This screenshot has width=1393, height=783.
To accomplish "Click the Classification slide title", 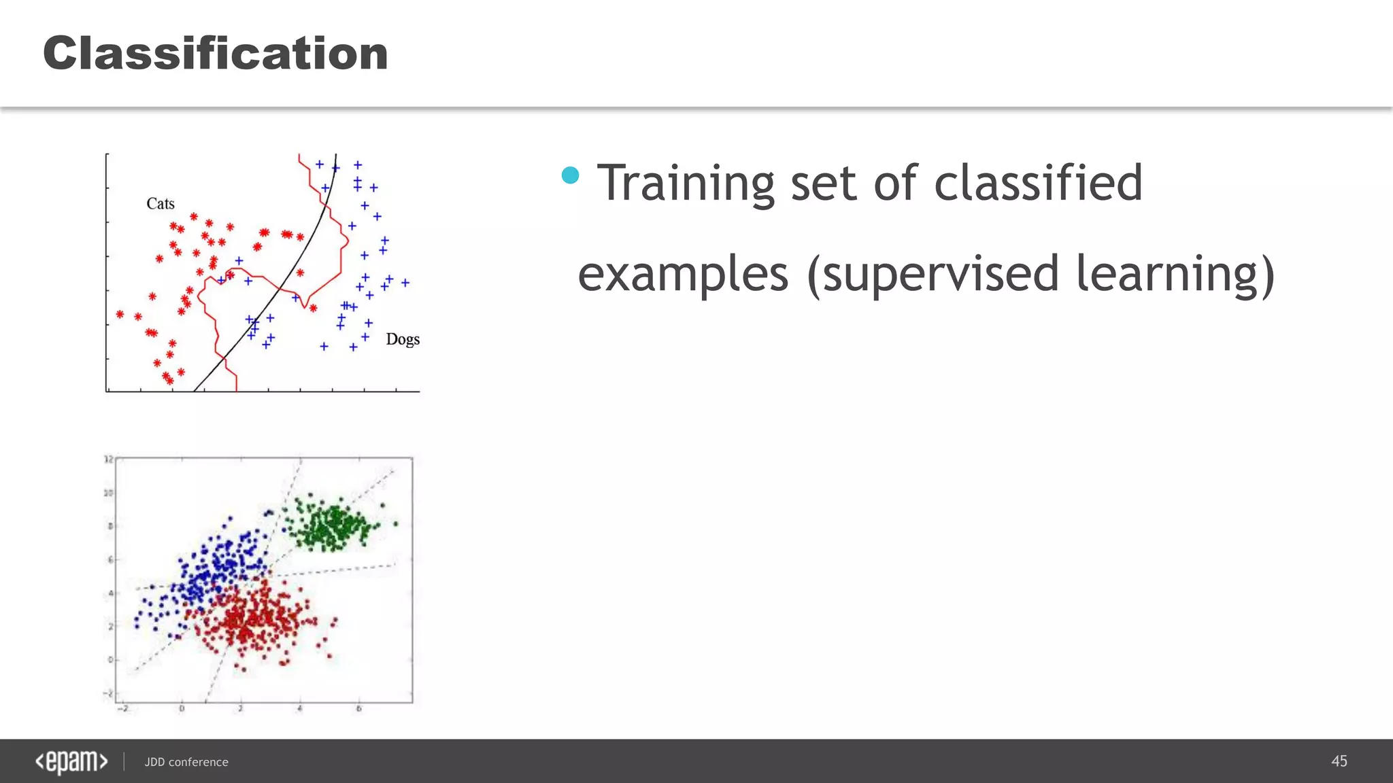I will (215, 53).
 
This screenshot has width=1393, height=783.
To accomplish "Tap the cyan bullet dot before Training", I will (570, 175).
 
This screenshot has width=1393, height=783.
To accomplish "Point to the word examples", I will (683, 274).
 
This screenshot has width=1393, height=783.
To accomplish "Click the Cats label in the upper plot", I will (161, 204).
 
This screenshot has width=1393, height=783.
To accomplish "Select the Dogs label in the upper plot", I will (403, 339).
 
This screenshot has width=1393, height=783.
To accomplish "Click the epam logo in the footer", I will (71, 762).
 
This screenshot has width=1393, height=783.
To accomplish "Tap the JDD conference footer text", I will (186, 762).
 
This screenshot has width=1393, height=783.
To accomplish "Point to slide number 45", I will (1339, 761).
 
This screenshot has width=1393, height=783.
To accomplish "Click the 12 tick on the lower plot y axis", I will (108, 459).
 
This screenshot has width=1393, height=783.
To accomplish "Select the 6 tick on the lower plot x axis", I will (358, 709).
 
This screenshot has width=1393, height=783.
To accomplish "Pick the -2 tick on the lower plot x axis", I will (122, 709).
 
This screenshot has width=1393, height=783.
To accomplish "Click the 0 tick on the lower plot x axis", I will (182, 709).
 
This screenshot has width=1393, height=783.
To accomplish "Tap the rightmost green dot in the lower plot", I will (396, 523).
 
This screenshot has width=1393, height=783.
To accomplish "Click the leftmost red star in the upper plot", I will (120, 314).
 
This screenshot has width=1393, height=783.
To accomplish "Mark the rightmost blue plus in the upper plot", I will (405, 283).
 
